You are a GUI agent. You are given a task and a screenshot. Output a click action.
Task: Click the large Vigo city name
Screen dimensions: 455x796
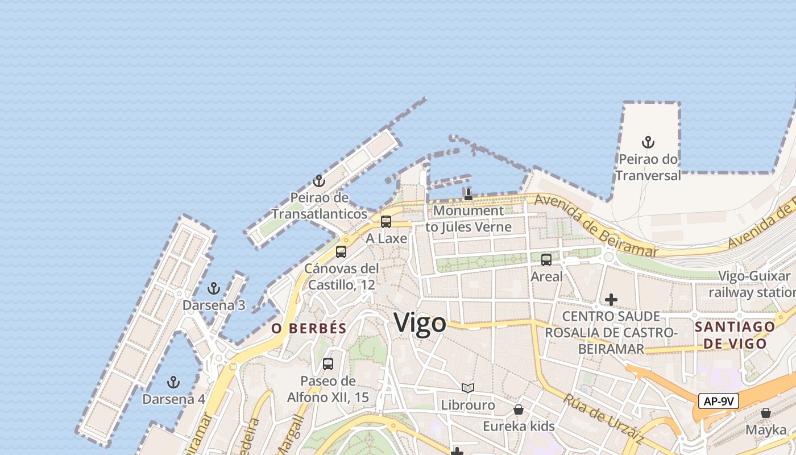click(x=420, y=323)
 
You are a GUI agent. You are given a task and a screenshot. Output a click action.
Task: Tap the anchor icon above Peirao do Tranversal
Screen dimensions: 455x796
click(x=648, y=142)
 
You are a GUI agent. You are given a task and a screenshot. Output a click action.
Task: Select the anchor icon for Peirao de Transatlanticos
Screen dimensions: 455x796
click(x=319, y=181)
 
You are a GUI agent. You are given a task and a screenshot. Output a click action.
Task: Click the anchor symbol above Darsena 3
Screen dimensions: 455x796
click(x=214, y=288)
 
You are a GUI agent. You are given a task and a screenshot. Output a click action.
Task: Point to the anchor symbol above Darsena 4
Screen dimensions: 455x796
click(x=173, y=382)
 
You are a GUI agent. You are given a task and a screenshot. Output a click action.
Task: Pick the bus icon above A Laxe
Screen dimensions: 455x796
click(x=386, y=222)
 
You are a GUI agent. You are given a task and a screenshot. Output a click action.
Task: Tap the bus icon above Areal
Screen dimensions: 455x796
click(x=546, y=260)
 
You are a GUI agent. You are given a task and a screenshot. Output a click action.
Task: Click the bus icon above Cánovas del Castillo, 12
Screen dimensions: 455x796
click(x=341, y=251)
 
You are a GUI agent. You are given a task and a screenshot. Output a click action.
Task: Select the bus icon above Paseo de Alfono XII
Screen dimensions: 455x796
click(x=328, y=364)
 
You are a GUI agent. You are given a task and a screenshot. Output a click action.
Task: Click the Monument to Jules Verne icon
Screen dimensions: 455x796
click(x=468, y=195)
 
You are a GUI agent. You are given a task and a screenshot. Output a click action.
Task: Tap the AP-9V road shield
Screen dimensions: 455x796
click(x=719, y=401)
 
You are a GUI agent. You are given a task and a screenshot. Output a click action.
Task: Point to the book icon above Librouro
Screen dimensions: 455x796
click(x=468, y=388)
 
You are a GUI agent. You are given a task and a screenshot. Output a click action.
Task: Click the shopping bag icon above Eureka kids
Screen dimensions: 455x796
click(x=519, y=409)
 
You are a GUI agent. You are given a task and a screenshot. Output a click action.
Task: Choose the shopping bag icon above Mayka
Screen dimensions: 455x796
click(x=766, y=413)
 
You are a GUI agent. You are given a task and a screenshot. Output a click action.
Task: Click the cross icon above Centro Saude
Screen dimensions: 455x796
click(x=611, y=299)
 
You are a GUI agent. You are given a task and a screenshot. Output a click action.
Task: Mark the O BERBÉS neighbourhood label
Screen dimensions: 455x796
click(x=309, y=328)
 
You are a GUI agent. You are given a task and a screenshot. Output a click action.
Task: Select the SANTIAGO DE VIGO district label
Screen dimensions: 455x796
click(x=735, y=335)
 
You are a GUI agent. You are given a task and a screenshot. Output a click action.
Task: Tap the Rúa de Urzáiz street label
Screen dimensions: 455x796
click(x=603, y=418)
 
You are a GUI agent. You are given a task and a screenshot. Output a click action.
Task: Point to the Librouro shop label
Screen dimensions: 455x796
click(x=468, y=406)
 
